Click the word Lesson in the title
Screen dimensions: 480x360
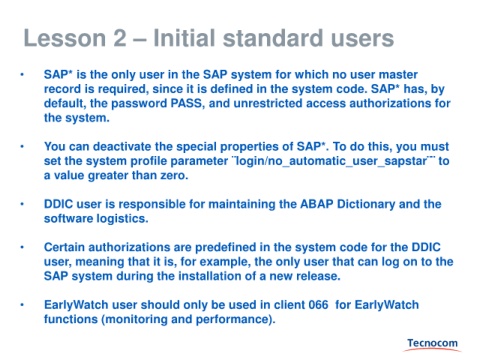click(65, 38)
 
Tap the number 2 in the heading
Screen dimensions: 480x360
click(120, 38)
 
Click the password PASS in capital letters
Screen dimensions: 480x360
click(186, 103)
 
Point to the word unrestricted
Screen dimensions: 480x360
click(268, 103)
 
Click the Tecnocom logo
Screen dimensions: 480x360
click(432, 344)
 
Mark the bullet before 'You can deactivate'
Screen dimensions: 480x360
click(22, 147)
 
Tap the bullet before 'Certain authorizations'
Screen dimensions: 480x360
click(22, 247)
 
